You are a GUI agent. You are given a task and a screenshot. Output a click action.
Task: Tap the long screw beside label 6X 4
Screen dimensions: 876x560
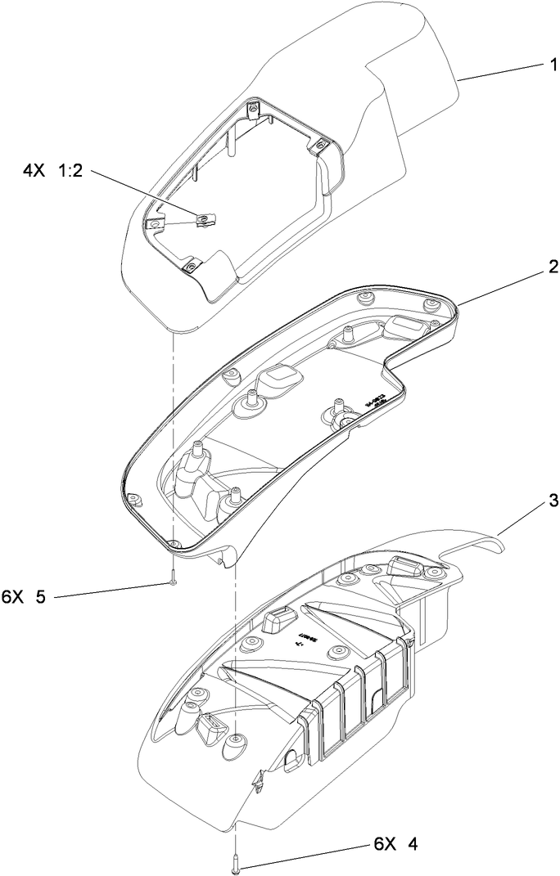point(234,860)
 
